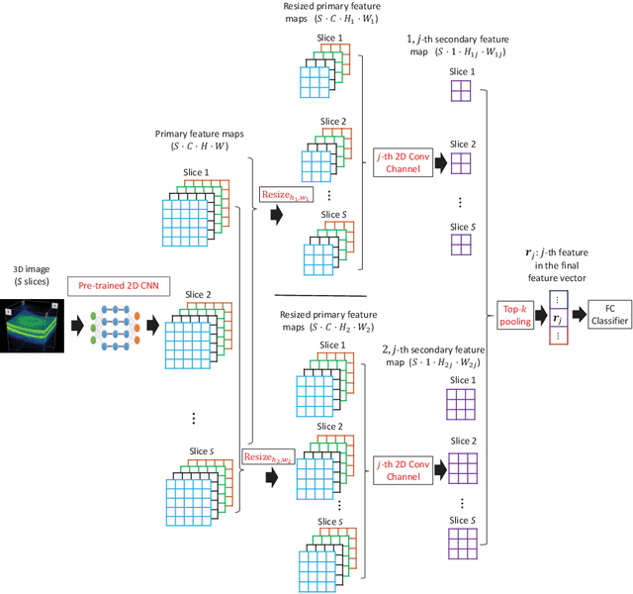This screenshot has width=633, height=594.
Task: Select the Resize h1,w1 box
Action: [284, 195]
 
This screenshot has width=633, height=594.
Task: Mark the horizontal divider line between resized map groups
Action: [319, 295]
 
